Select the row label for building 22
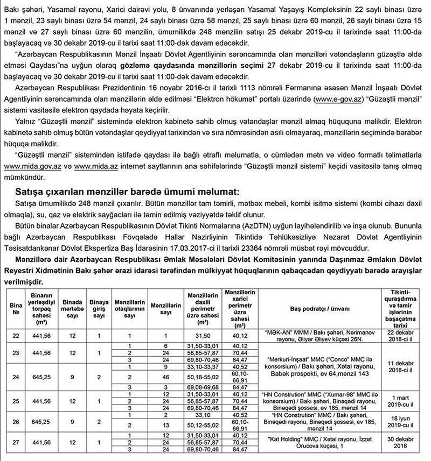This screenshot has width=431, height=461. [x=15, y=335]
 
